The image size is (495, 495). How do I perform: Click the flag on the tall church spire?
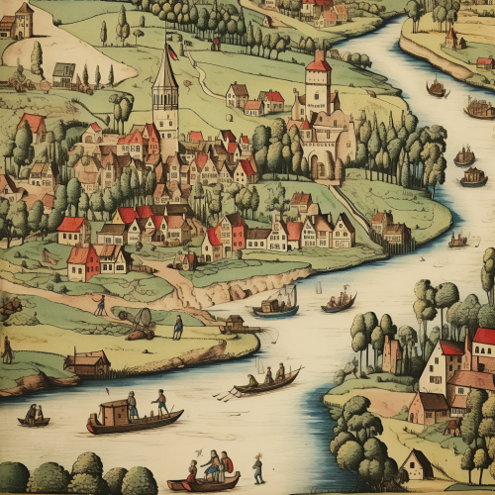pos(173,51)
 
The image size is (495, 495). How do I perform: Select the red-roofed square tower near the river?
pos(318,85)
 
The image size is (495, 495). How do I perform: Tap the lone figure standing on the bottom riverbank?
pos(258,467)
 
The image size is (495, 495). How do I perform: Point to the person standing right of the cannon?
pos(178,328)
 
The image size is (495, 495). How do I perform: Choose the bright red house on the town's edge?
pos(83,262)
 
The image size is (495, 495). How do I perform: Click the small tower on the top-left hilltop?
pos(24,20)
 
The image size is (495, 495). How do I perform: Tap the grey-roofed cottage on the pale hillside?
pos(63,73)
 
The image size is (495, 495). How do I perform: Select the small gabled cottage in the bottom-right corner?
pos(419,464)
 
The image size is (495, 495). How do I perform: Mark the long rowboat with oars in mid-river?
pos(265,382)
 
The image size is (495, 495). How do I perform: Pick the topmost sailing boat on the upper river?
pos(437,89)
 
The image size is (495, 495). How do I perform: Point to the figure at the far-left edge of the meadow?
pos(7,349)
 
